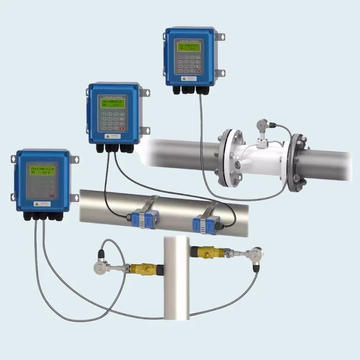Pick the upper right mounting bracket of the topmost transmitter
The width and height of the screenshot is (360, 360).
pos(221,37)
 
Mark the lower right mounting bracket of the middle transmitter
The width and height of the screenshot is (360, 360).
pos(144,130)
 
